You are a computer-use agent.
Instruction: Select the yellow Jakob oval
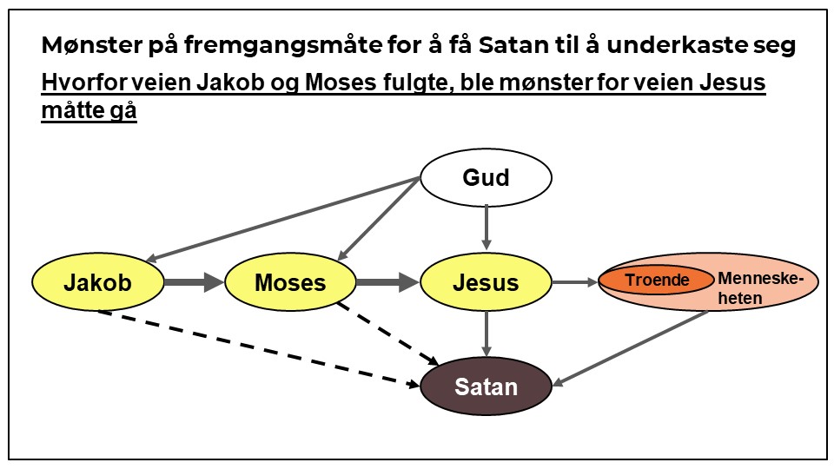[98, 282]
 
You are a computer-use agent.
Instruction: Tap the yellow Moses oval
[290, 282]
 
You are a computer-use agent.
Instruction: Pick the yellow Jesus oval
[486, 282]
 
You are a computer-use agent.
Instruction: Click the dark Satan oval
[486, 386]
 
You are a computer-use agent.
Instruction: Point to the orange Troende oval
[657, 280]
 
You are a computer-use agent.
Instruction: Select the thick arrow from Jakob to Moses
[194, 282]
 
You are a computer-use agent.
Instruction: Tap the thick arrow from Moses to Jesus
[387, 282]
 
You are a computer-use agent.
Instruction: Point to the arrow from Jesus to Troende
[574, 281]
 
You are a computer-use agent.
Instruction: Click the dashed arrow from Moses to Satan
[387, 333]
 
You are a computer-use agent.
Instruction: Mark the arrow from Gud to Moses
[379, 218]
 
